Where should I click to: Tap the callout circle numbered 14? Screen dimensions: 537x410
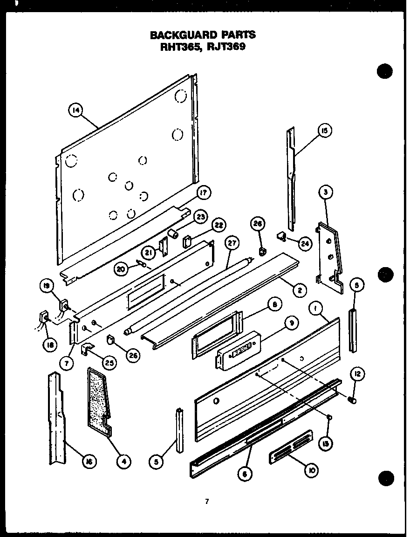click(x=75, y=110)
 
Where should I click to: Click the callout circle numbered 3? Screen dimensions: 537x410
click(x=326, y=191)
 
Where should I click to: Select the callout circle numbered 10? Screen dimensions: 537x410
click(x=310, y=470)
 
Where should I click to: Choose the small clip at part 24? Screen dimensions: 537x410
click(x=281, y=238)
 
